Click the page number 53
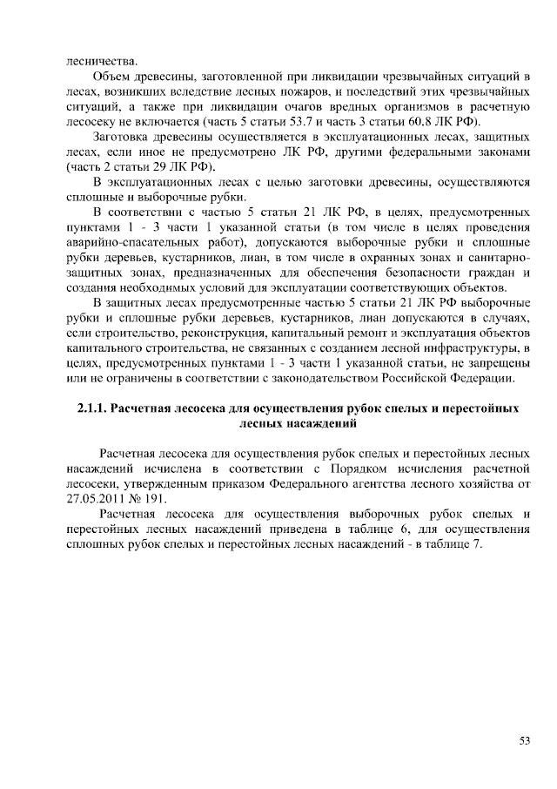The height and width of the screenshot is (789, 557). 525,741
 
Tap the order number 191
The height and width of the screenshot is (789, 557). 163,498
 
